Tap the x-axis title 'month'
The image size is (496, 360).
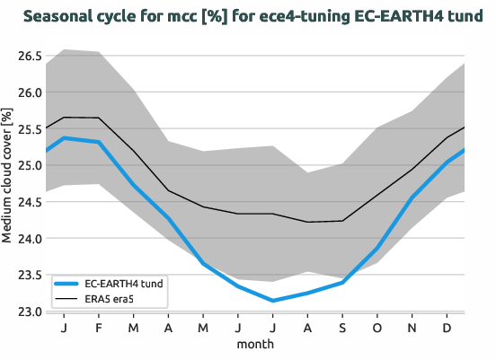click(x=255, y=344)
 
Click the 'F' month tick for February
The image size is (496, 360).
click(x=99, y=328)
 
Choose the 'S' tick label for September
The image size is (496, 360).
click(x=342, y=328)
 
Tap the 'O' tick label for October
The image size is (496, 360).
click(x=377, y=328)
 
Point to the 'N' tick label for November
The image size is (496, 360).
click(x=412, y=328)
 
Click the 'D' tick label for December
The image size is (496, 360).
click(x=447, y=328)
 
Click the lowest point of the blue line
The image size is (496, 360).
click(x=273, y=301)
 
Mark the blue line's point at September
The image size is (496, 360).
click(x=342, y=283)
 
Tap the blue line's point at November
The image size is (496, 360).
click(x=412, y=198)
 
